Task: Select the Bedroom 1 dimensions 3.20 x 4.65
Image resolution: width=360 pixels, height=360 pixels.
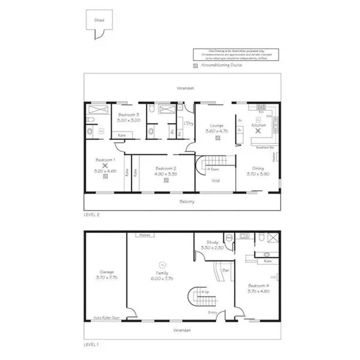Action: click(106, 171)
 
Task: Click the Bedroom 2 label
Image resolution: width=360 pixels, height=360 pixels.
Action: click(164, 168)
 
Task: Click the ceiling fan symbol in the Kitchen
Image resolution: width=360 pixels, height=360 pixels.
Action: click(259, 130)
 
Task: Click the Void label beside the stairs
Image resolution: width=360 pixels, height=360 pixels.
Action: click(214, 179)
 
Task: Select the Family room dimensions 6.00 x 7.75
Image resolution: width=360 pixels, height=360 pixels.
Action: click(161, 278)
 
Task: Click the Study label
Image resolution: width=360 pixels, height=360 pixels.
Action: click(211, 242)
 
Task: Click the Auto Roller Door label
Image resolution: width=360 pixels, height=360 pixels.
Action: click(106, 318)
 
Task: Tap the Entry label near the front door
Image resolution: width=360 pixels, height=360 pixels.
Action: click(211, 313)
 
